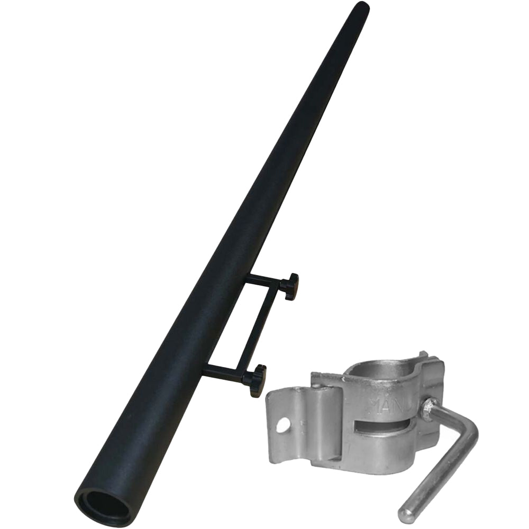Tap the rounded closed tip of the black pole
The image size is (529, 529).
362,7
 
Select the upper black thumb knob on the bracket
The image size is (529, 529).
290,286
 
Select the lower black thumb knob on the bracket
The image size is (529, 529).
257,380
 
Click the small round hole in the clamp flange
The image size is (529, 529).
284,425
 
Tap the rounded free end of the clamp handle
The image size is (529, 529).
406,515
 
